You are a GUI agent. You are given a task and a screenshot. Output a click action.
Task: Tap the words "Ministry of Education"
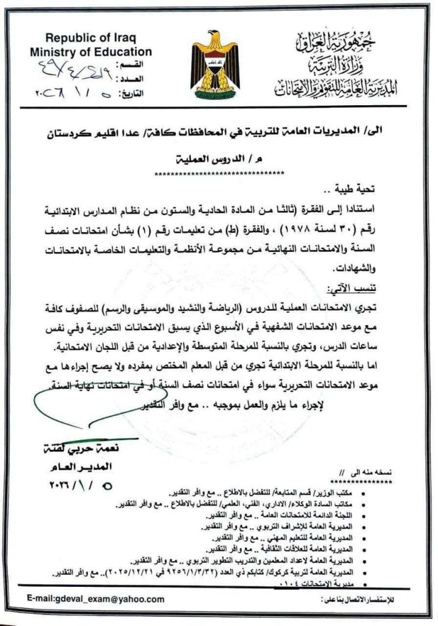(91, 52)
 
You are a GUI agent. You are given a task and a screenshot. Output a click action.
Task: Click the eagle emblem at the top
(213, 62)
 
